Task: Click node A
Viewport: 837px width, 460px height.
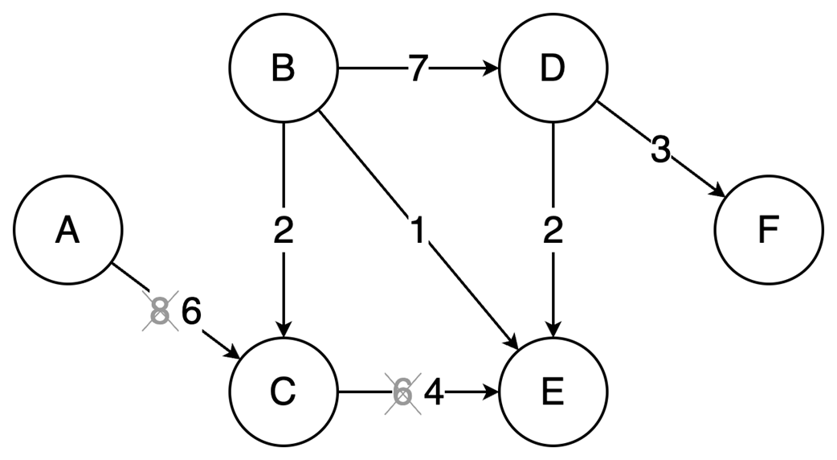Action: click(68, 231)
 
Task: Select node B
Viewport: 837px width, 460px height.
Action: click(283, 69)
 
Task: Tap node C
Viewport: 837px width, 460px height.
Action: click(283, 392)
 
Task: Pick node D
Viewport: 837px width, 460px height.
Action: click(553, 69)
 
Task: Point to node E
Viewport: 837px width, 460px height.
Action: click(553, 392)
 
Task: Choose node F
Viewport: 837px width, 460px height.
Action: click(768, 231)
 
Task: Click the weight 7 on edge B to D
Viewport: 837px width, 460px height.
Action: click(416, 70)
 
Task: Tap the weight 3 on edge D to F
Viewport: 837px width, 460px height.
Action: click(659, 150)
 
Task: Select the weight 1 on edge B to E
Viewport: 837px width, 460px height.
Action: click(417, 232)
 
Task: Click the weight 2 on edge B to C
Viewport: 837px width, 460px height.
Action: click(283, 232)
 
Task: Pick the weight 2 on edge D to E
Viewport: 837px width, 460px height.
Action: click(553, 232)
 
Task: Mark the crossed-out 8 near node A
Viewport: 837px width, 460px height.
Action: click(161, 311)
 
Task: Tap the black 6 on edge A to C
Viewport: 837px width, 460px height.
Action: click(190, 311)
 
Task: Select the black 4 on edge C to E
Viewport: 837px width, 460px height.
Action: click(434, 393)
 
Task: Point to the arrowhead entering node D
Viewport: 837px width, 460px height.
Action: click(491, 70)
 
